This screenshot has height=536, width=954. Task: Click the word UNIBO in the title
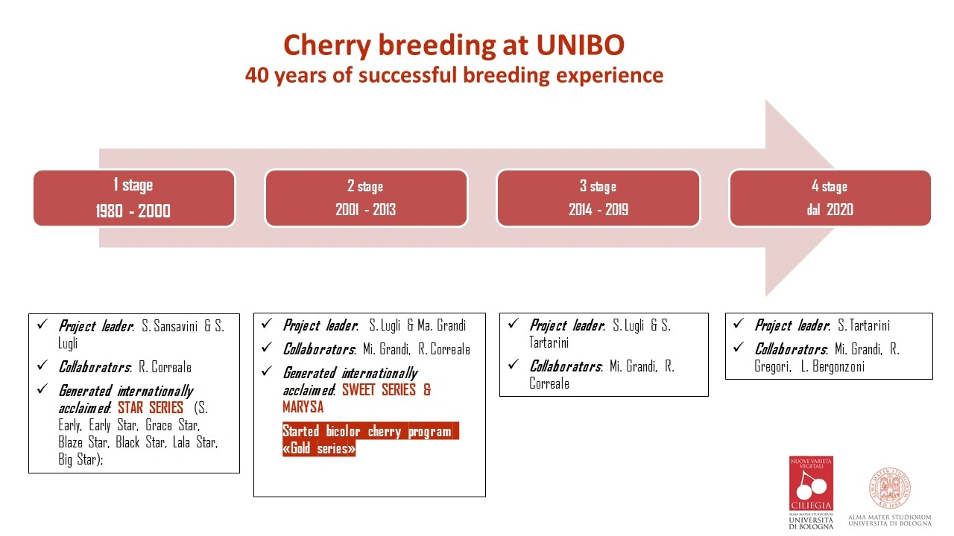tap(580, 45)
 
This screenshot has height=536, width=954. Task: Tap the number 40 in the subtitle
tap(256, 75)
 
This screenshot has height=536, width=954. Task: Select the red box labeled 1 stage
tap(134, 198)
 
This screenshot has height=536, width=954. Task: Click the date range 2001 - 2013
tap(365, 209)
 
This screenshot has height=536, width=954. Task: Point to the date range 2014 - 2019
tap(598, 209)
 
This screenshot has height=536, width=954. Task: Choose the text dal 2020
tap(830, 209)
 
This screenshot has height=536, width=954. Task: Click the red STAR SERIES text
tap(151, 407)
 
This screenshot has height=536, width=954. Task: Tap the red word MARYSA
tap(303, 406)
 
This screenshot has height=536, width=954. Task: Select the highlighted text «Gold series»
tap(318, 448)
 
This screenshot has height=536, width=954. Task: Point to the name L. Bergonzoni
tap(833, 366)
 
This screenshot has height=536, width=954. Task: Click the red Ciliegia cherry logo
tap(811, 484)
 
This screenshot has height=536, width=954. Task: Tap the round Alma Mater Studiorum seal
tap(890, 488)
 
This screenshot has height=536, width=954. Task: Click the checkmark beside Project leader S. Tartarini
tap(739, 324)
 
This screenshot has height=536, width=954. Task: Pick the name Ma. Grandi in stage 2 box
tap(442, 325)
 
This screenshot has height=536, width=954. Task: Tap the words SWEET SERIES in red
tap(379, 389)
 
